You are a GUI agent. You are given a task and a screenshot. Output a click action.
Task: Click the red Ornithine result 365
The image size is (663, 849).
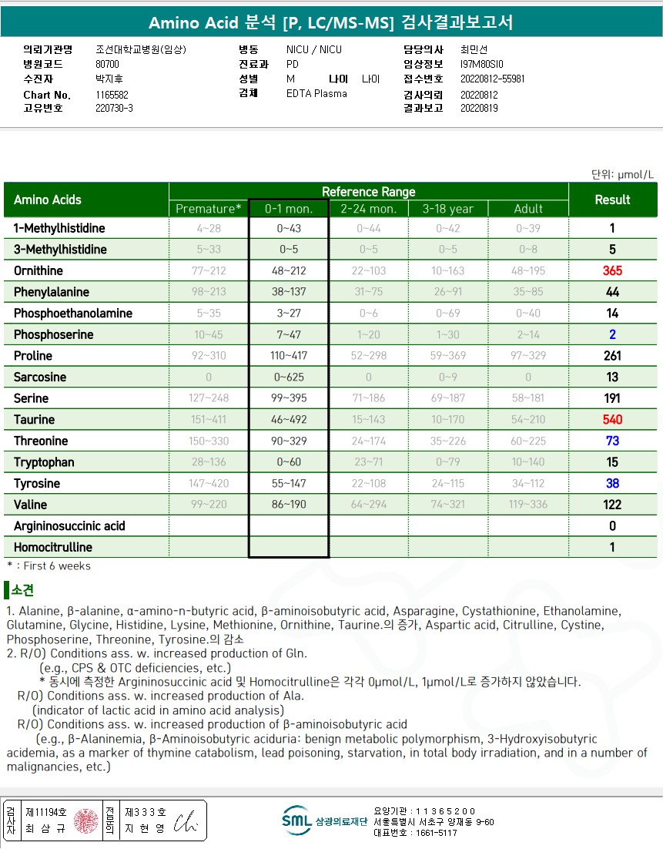click(x=612, y=271)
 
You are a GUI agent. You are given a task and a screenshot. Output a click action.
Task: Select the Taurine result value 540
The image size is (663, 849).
click(x=612, y=420)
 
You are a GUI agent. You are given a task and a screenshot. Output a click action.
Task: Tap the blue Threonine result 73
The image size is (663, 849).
click(x=612, y=441)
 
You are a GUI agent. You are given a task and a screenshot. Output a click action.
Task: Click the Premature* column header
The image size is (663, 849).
click(x=209, y=209)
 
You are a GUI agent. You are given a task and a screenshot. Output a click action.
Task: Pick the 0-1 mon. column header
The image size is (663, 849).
click(x=288, y=209)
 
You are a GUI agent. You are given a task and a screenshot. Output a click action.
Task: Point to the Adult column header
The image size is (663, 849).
click(x=528, y=209)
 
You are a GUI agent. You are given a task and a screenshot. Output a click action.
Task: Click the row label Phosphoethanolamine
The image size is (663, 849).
click(x=73, y=314)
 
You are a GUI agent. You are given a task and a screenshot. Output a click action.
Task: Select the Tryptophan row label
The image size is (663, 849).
click(x=44, y=462)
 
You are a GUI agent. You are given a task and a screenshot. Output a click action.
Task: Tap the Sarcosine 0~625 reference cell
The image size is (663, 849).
click(x=288, y=378)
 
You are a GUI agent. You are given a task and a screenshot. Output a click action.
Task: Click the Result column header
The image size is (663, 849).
click(x=612, y=200)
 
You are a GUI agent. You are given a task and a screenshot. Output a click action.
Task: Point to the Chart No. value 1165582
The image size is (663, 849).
click(x=112, y=95)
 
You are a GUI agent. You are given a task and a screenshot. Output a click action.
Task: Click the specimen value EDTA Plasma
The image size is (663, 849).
click(x=316, y=93)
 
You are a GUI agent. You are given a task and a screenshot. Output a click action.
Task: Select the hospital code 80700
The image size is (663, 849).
click(x=107, y=64)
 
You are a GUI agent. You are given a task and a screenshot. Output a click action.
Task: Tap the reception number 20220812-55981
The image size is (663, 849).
click(x=492, y=79)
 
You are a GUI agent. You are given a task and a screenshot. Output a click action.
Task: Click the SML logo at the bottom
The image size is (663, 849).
click(x=296, y=820)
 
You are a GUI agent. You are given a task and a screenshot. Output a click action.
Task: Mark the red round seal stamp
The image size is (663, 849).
click(x=87, y=821)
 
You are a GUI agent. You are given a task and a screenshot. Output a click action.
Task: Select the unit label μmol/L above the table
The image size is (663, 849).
click(x=634, y=174)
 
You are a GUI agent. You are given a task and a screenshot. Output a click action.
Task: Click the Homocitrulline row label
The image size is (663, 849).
click(x=53, y=548)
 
